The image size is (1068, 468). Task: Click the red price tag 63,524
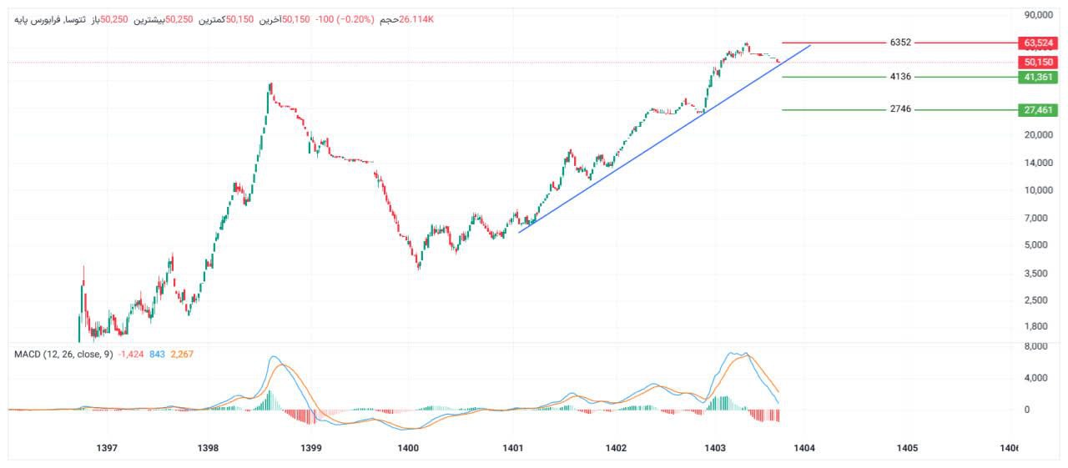coord(1038,43)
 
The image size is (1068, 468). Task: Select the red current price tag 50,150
coord(1038,62)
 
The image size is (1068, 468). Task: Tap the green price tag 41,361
coord(1038,77)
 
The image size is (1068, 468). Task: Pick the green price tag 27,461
coord(1038,109)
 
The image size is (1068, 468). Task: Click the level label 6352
coord(900,43)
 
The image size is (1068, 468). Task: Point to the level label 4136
coord(900,77)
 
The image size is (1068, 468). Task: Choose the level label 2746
coord(900,109)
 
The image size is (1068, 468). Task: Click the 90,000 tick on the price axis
coord(1039,15)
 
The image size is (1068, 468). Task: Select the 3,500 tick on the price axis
coord(1041,273)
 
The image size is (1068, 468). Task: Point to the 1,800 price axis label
coord(1041,326)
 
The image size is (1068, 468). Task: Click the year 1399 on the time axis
coord(310,448)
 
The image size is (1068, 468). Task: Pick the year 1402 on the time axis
coord(616,448)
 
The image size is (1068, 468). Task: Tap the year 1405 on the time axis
coord(907,448)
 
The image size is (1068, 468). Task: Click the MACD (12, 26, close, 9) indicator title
coord(63,355)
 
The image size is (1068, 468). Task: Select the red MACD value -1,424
coord(131,355)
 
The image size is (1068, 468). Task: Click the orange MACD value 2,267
coord(181,355)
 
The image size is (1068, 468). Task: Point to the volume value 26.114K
coord(417,18)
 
